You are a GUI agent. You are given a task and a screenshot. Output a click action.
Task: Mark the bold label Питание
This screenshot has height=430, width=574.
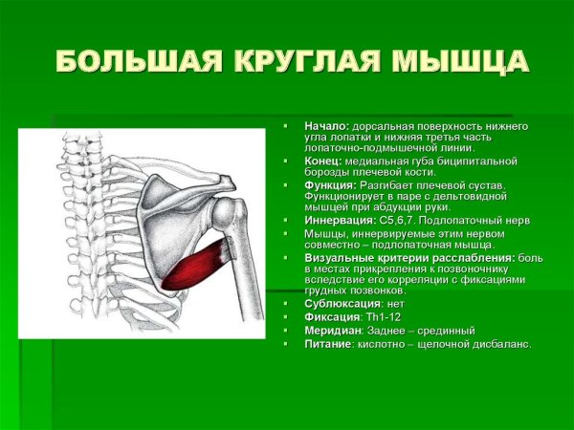(328, 343)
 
